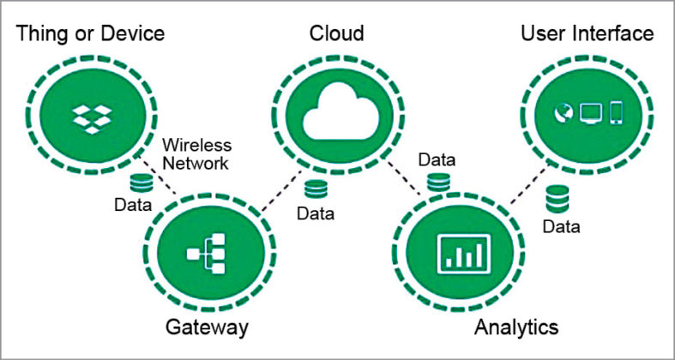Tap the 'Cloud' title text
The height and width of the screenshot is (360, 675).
coord(337,33)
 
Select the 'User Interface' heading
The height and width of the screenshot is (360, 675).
coord(588,33)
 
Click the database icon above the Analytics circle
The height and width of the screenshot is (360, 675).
coord(438,183)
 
